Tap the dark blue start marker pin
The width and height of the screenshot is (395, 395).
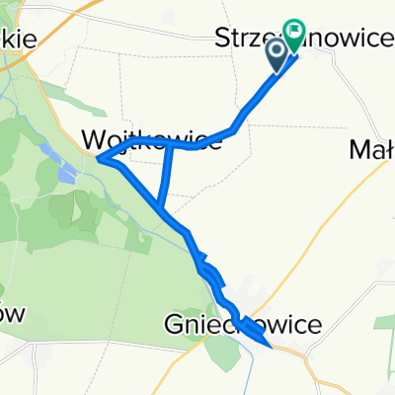tap(277, 52)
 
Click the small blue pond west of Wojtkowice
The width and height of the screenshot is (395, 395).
tap(64, 175)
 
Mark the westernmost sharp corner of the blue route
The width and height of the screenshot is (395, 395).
tap(99, 155)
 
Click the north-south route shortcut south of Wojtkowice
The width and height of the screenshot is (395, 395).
tap(165, 176)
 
